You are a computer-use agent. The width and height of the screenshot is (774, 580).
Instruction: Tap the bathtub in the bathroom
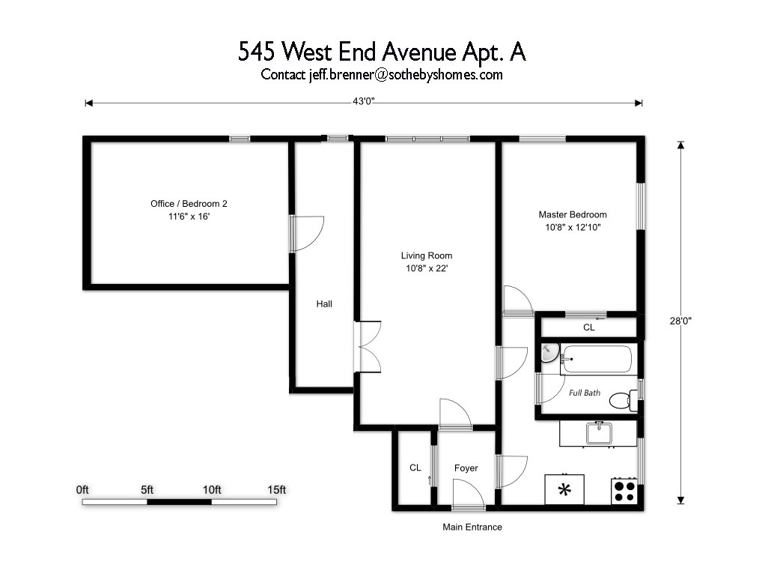point(597,359)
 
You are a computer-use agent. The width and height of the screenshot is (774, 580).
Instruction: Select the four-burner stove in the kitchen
point(624,491)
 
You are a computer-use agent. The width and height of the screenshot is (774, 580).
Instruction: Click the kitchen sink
point(600,433)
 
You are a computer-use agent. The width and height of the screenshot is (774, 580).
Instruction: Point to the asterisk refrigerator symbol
point(564,489)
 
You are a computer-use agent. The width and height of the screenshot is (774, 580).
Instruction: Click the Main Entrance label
point(472,527)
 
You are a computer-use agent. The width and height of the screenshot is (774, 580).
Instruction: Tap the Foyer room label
point(466,468)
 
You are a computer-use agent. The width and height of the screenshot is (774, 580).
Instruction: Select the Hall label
point(324,303)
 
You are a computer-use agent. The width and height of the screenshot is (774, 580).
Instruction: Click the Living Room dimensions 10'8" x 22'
point(427,268)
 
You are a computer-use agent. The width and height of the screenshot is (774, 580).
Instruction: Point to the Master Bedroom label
point(573,214)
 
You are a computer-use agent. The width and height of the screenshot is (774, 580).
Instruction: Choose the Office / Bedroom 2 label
point(189,204)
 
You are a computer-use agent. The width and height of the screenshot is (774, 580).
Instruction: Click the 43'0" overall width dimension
point(363,101)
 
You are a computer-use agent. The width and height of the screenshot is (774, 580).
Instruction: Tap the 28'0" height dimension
point(680,321)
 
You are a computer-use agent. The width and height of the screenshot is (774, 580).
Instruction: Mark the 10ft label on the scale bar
point(212,489)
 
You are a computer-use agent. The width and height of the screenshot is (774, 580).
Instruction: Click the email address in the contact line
point(406,75)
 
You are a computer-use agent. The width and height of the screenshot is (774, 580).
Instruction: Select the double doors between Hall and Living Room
point(368,347)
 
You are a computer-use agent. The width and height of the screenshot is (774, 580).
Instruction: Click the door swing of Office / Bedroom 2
point(307,235)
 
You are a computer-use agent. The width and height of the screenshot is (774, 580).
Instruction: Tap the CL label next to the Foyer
point(415,468)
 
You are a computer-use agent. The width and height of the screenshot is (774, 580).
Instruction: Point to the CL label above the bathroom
point(589,327)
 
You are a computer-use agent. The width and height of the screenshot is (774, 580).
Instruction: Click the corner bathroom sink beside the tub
point(549,353)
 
